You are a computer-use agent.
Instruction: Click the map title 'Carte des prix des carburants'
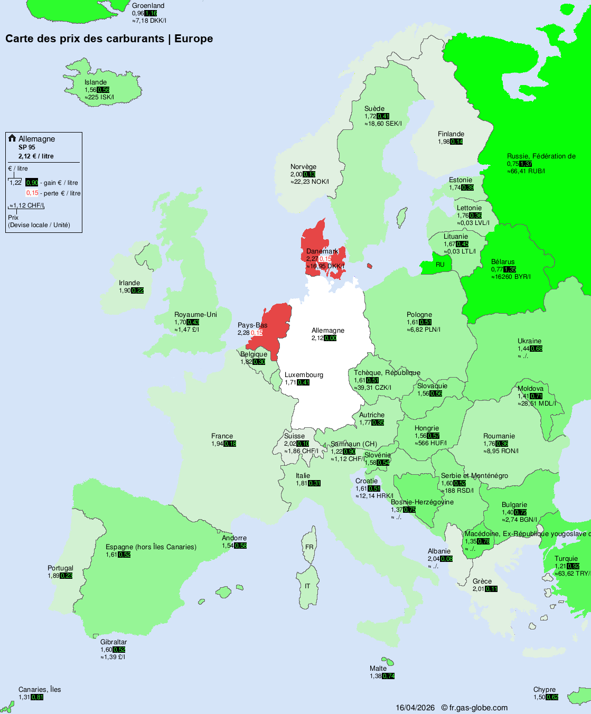[x=85, y=39]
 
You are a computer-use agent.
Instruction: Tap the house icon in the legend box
[x=12, y=138]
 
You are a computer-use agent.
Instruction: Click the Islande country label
[x=96, y=82]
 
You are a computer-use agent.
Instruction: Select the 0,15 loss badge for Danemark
[x=325, y=259]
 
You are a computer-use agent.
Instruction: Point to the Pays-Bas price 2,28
[x=243, y=333]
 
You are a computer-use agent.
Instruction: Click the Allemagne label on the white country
[x=327, y=331]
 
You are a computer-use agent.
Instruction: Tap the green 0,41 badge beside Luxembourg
[x=303, y=382]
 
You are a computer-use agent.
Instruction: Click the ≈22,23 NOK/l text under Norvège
[x=309, y=182]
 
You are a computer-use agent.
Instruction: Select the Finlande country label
[x=451, y=134]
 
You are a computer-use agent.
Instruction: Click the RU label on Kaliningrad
[x=440, y=265]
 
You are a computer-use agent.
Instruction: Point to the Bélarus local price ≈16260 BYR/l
[x=511, y=277]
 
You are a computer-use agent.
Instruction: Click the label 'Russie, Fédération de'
[x=541, y=156]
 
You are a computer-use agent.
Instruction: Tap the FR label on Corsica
[x=309, y=547]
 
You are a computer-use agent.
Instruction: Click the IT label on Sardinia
[x=307, y=586]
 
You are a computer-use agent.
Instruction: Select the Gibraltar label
[x=114, y=642]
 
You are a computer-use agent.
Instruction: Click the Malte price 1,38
[x=376, y=676]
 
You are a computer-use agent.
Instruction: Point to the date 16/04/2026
[x=415, y=708]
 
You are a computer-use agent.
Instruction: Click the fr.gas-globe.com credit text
[x=478, y=708]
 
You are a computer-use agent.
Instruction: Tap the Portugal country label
[x=60, y=568]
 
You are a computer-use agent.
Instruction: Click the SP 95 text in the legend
[x=27, y=147]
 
